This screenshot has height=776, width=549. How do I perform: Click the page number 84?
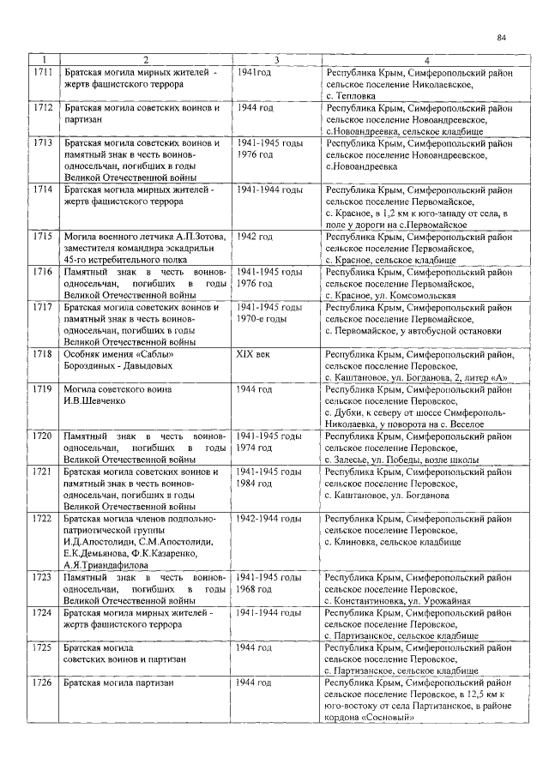pyautogui.click(x=502, y=38)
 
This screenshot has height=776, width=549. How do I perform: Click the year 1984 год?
pyautogui.click(x=255, y=484)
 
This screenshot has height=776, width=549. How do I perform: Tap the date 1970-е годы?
pyautogui.click(x=262, y=318)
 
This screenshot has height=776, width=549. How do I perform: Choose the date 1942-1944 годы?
pyautogui.click(x=268, y=519)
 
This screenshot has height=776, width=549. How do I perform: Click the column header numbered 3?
pyautogui.click(x=276, y=60)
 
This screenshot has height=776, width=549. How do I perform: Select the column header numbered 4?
pyautogui.click(x=425, y=60)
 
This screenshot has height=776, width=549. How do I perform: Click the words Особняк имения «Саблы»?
pyautogui.click(x=119, y=353)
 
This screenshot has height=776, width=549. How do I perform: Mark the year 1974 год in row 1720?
pyautogui.click(x=255, y=448)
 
